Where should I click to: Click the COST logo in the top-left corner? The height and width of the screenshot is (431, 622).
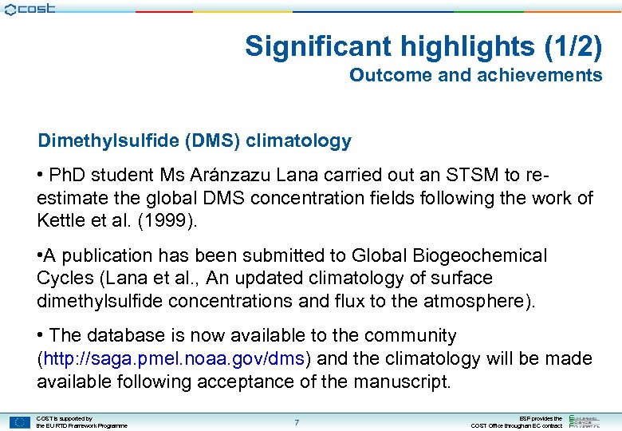click(x=30, y=10)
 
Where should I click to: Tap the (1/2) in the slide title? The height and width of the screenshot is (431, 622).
click(x=574, y=46)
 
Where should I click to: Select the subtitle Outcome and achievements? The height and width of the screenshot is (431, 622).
click(x=475, y=75)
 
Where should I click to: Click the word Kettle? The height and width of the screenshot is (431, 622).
click(x=61, y=219)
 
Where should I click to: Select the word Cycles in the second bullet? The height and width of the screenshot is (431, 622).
click(x=65, y=278)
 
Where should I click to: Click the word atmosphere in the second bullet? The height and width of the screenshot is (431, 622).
click(x=460, y=300)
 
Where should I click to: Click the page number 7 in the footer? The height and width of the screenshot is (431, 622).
click(x=297, y=421)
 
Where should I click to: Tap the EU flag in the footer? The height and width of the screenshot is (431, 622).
click(x=21, y=422)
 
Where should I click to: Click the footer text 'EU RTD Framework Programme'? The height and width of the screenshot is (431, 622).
click(x=81, y=426)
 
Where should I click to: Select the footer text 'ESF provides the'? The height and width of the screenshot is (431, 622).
click(x=541, y=418)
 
